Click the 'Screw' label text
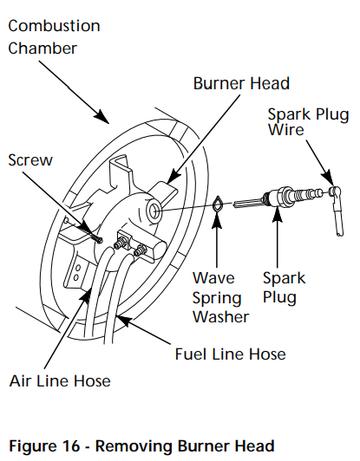(x=30, y=160)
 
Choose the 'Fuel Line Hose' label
(x=230, y=354)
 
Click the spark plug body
(x=283, y=198)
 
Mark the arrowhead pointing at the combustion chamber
(x=102, y=119)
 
